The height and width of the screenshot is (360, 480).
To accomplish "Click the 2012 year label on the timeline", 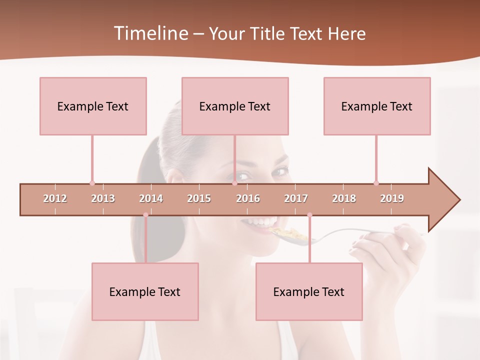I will (x=55, y=198).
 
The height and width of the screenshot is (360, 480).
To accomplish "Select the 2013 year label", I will (x=103, y=198).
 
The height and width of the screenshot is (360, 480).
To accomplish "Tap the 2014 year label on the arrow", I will (x=151, y=198).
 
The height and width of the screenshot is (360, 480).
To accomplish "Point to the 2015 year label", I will (x=199, y=198).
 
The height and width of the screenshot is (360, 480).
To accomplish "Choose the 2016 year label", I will (x=248, y=198).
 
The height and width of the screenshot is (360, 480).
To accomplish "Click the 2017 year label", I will (x=296, y=198).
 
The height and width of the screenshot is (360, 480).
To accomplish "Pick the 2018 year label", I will (x=344, y=198).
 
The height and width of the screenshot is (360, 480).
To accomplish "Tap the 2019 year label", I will (x=392, y=198).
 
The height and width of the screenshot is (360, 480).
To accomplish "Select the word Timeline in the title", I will (x=149, y=33).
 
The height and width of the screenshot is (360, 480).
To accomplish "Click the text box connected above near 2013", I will (x=93, y=106).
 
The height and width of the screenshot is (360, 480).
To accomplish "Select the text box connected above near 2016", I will (x=235, y=106).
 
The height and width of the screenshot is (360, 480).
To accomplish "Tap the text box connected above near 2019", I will (x=377, y=106).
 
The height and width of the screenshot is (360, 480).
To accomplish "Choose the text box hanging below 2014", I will (x=145, y=291).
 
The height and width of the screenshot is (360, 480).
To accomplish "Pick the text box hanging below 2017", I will (x=309, y=291).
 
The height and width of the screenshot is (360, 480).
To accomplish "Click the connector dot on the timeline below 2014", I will (x=145, y=215).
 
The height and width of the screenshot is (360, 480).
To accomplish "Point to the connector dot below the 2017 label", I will (x=309, y=215).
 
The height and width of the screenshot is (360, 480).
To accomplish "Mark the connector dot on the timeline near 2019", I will (x=376, y=183).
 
